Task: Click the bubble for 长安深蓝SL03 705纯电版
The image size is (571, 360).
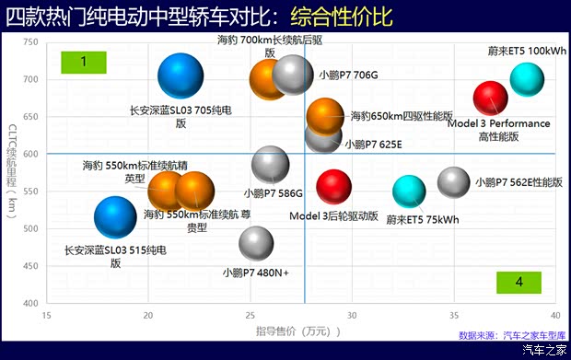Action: pyautogui.click(x=181, y=77)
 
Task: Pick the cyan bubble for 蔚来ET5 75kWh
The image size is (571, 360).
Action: pyautogui.click(x=409, y=191)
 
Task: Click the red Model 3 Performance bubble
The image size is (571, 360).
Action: pyautogui.click(x=490, y=98)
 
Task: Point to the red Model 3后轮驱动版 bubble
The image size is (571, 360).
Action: pyautogui.click(x=333, y=186)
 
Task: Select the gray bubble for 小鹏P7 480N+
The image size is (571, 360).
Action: pyautogui.click(x=256, y=243)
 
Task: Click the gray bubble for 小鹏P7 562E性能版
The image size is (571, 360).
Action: pyautogui.click(x=454, y=182)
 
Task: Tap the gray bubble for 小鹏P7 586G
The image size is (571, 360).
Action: pyautogui.click(x=270, y=165)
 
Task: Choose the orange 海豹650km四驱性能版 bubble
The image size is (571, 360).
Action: pyautogui.click(x=324, y=117)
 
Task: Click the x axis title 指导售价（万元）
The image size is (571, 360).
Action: pyautogui.click(x=293, y=330)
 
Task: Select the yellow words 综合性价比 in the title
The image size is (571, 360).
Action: pyautogui.click(x=341, y=17)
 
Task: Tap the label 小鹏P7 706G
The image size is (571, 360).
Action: pyautogui.click(x=348, y=75)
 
